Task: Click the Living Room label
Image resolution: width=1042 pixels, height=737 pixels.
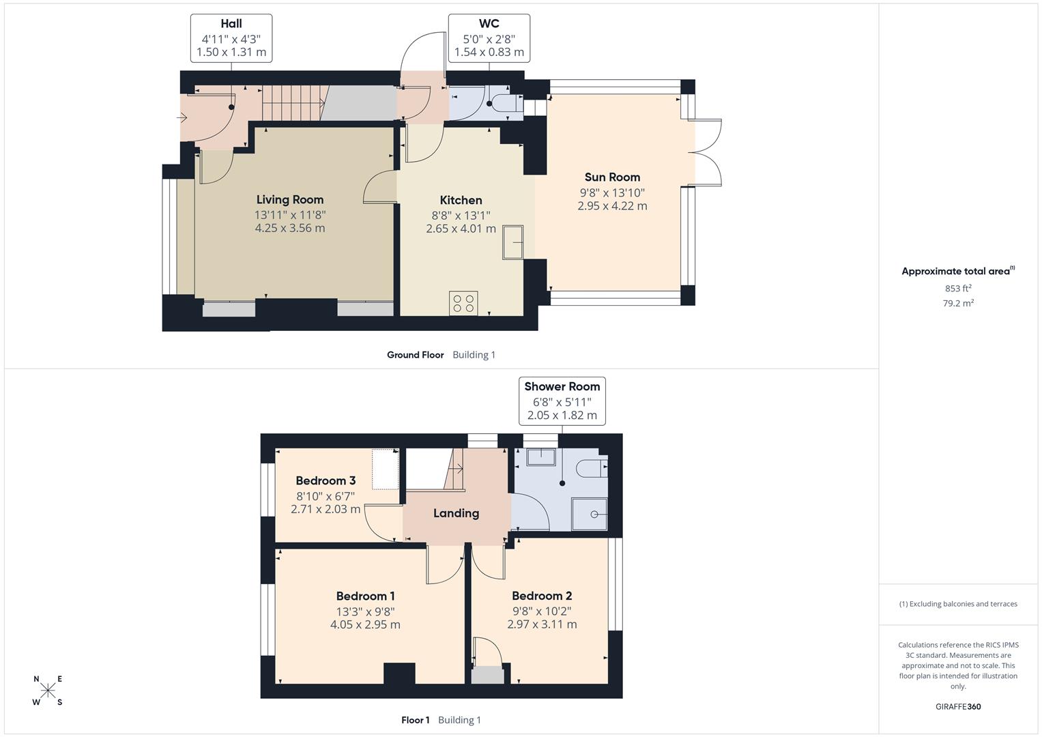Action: pos(289,199)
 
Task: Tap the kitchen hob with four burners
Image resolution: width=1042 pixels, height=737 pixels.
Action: pos(463,303)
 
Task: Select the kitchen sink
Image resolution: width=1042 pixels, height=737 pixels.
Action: pos(513,243)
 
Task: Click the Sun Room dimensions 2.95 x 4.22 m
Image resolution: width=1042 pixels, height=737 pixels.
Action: pos(612,206)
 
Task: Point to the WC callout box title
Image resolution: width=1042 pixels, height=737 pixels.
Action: pos(489,23)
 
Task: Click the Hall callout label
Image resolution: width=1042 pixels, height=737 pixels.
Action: pos(231,23)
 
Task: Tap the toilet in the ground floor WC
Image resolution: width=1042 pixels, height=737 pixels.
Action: pos(505,104)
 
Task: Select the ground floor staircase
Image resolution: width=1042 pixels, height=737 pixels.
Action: pos(293,103)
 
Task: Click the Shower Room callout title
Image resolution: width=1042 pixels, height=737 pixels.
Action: pos(562,386)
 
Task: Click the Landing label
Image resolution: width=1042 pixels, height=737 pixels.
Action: pos(456,513)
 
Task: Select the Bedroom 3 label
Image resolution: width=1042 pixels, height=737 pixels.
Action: pos(325,480)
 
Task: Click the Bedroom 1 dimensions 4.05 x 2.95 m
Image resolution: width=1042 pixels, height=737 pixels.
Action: pos(365,624)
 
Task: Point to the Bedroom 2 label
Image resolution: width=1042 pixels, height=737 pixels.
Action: pos(542,596)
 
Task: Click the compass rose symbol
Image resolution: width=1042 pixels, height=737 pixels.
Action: pos(48,691)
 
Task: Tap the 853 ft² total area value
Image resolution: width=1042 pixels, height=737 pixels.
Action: pos(958,289)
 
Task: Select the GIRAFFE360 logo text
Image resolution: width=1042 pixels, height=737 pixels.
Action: pos(957,706)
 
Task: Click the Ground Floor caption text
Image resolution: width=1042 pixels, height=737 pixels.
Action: pos(415,355)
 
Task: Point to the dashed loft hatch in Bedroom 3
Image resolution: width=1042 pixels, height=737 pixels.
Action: pos(386,469)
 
